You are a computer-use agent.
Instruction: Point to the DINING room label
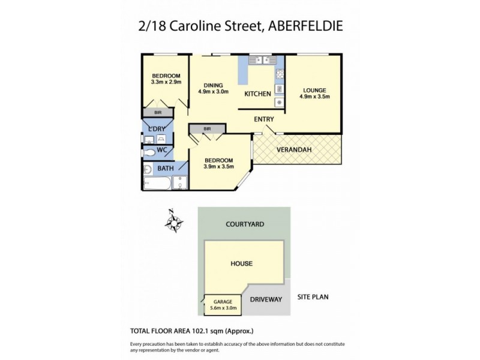[x=213, y=85]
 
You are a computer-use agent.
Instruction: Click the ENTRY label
[x=264, y=119]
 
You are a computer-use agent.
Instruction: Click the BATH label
[x=166, y=169]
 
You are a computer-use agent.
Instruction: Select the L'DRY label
[x=158, y=128]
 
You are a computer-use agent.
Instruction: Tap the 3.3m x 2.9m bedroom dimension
[x=166, y=82]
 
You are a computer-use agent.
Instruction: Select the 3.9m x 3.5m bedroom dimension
[x=218, y=167]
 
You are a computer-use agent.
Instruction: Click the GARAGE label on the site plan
[x=222, y=302]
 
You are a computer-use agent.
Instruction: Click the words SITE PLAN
[x=313, y=296]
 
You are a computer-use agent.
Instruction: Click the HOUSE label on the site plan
[x=241, y=263]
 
